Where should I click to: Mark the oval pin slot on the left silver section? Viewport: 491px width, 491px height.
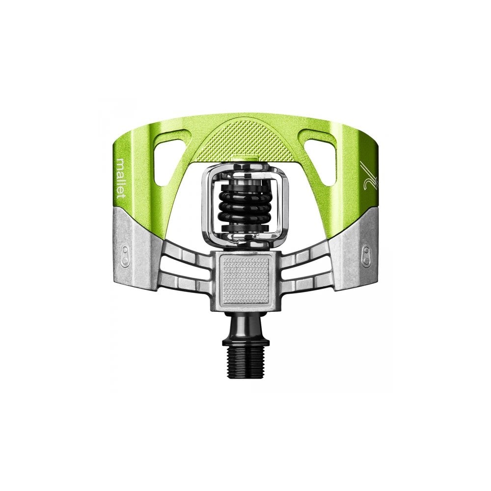125,255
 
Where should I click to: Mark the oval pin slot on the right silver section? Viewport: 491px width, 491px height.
366,255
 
